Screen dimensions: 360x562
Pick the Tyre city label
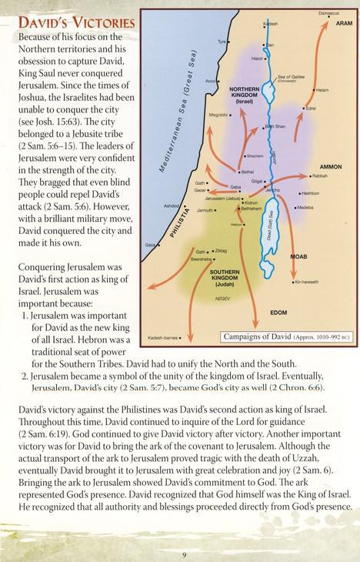222,41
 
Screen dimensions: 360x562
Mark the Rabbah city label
320,176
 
